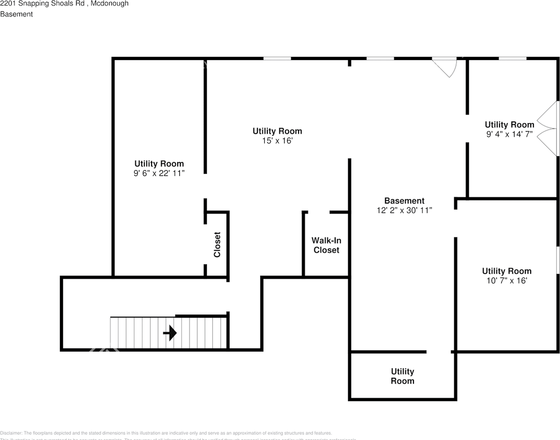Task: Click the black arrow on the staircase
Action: [170, 333]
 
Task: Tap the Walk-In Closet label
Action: [326, 245]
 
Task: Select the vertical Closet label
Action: [217, 244]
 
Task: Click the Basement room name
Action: [404, 201]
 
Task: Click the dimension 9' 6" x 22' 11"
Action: [159, 173]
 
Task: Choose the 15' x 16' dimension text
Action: [277, 141]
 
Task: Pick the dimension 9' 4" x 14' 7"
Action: [509, 134]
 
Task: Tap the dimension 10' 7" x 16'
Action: [506, 280]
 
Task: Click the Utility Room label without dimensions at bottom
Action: [402, 376]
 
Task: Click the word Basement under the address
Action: [16, 14]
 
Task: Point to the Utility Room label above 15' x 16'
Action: [277, 131]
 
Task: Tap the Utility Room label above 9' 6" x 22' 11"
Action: [159, 164]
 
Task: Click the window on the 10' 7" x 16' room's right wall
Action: [558, 260]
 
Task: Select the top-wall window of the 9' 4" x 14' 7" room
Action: [512, 59]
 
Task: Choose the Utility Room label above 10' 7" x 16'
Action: [506, 271]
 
